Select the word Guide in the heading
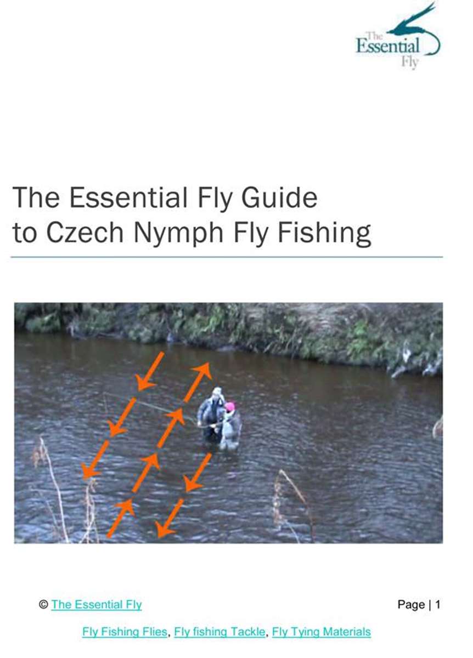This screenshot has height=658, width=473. point(279,197)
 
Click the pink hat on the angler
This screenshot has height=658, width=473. point(229,406)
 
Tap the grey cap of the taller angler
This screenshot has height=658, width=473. point(217,391)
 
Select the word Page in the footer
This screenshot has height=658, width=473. point(411,603)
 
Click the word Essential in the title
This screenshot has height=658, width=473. point(128,197)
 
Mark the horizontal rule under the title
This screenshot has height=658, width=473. point(227,257)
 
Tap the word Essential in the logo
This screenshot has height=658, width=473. point(388,46)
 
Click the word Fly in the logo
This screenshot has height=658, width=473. point(410,63)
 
